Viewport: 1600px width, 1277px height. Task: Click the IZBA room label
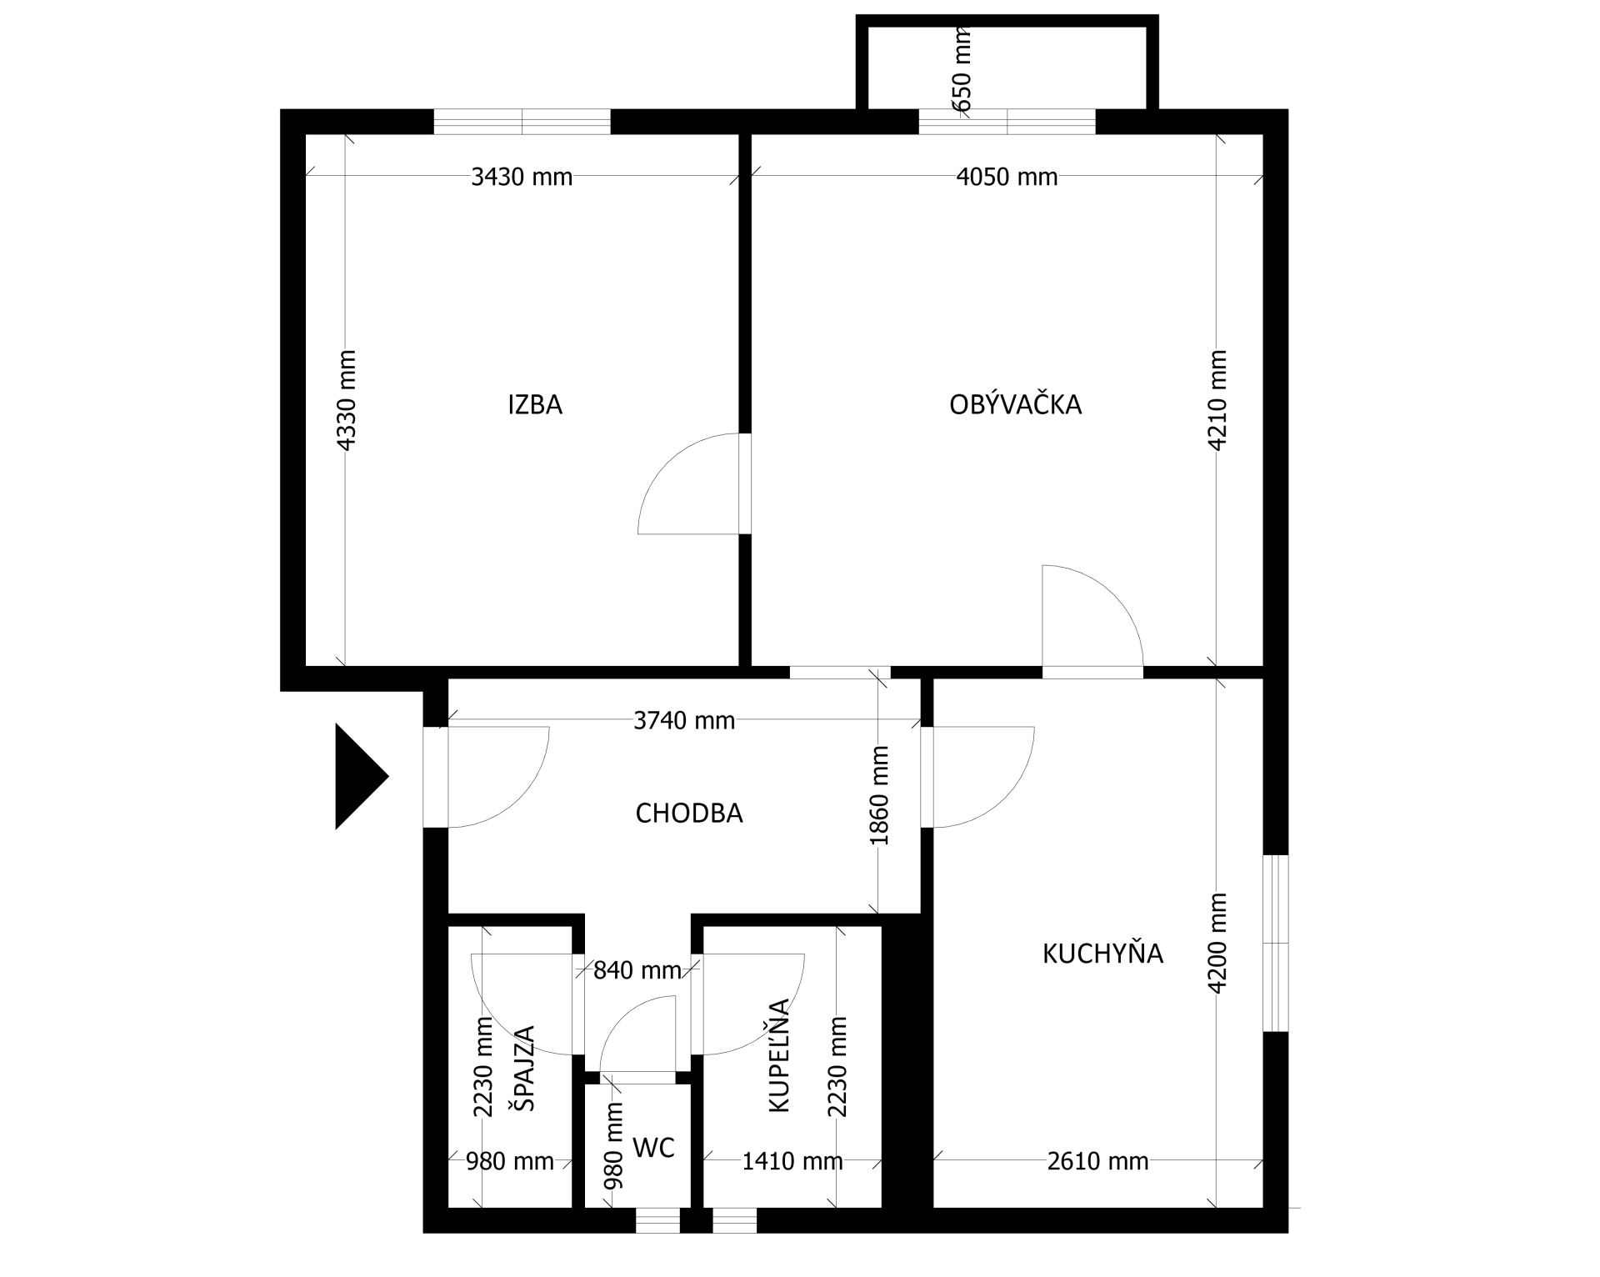(x=535, y=405)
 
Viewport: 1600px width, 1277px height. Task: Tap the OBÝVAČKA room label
(x=1015, y=404)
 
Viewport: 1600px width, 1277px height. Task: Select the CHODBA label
(x=688, y=813)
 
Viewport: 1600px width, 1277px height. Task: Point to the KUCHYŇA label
(x=1102, y=953)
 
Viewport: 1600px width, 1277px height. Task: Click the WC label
(x=653, y=1148)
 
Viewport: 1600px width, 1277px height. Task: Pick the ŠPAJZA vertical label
(x=522, y=1068)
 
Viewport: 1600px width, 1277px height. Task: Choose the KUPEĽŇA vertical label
(x=777, y=1055)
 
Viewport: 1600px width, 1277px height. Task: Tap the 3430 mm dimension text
(x=522, y=177)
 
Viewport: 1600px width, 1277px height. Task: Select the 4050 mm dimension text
(x=1007, y=177)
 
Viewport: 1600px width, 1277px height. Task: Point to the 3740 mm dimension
(x=684, y=720)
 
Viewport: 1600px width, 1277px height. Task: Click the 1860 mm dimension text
(x=880, y=795)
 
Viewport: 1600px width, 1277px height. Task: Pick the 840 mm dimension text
(x=637, y=970)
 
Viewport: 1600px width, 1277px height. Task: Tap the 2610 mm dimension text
(x=1097, y=1160)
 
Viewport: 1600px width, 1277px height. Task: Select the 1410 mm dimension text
(x=792, y=1160)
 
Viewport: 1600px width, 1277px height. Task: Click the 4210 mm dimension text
(x=1217, y=400)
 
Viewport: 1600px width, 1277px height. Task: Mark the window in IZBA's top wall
(x=522, y=122)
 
